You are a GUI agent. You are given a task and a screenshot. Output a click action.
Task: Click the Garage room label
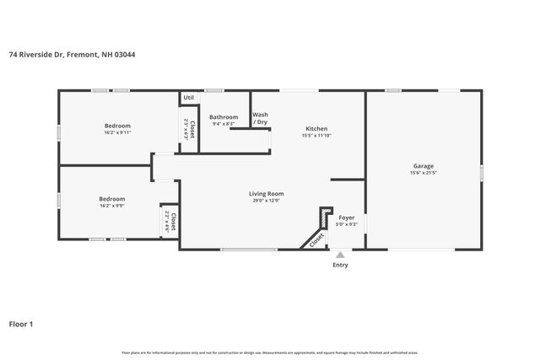tap(424, 165)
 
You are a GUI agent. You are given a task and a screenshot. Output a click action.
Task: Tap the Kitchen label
tap(316, 128)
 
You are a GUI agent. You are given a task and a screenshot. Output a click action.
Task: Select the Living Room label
tap(266, 193)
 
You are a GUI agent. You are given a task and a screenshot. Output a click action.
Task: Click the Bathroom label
tap(224, 117)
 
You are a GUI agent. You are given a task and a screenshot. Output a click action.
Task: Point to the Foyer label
tap(347, 218)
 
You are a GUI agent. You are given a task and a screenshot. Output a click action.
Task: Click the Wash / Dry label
tap(260, 118)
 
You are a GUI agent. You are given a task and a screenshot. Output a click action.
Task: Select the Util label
tap(188, 98)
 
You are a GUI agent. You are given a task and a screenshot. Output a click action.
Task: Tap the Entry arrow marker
tap(340, 254)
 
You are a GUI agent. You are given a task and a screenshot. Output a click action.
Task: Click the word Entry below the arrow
tap(340, 265)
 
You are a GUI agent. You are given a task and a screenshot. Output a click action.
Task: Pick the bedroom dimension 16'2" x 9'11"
tap(117, 132)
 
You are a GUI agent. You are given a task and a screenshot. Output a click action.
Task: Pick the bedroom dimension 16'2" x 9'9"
tap(112, 206)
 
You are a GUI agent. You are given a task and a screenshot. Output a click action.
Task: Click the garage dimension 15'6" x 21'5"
tap(424, 173)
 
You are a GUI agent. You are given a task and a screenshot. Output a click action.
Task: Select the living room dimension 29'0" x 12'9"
tap(266, 201)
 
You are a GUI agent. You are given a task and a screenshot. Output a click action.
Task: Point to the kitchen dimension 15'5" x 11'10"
tap(316, 136)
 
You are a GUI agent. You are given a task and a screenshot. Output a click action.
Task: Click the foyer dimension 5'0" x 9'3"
tap(347, 224)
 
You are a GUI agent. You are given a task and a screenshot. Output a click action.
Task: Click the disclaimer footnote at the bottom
tap(270, 352)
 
